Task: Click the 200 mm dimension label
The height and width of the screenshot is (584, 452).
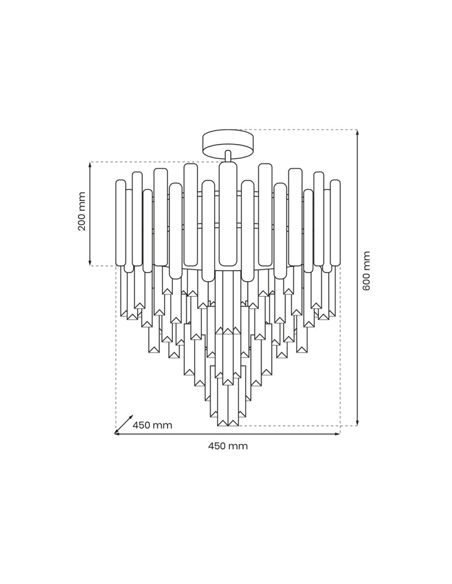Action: (x=82, y=211)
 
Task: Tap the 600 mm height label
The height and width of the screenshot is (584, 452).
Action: (x=367, y=271)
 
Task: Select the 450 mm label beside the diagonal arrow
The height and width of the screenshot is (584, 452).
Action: (x=152, y=425)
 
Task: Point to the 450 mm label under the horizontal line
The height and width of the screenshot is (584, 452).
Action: (x=228, y=446)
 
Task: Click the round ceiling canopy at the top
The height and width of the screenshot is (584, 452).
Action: (x=228, y=141)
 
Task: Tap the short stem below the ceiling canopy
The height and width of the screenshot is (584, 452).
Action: (x=228, y=156)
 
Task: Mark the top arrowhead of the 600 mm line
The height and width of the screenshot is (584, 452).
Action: (x=357, y=133)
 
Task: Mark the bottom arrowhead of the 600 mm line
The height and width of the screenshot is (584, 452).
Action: (x=357, y=423)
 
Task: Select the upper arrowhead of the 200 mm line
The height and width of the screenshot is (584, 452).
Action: (x=90, y=165)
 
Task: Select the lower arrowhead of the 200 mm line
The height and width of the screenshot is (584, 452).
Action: (x=90, y=263)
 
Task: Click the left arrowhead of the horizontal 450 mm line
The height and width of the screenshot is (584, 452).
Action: (x=117, y=434)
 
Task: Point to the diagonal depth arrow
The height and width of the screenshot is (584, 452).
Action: (x=124, y=425)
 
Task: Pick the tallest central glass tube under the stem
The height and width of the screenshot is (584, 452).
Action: (x=228, y=213)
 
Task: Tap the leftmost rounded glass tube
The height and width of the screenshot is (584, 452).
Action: (x=121, y=222)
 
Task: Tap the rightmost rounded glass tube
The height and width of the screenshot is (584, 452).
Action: (x=335, y=222)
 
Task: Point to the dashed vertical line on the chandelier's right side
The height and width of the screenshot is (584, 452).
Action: (x=340, y=350)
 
